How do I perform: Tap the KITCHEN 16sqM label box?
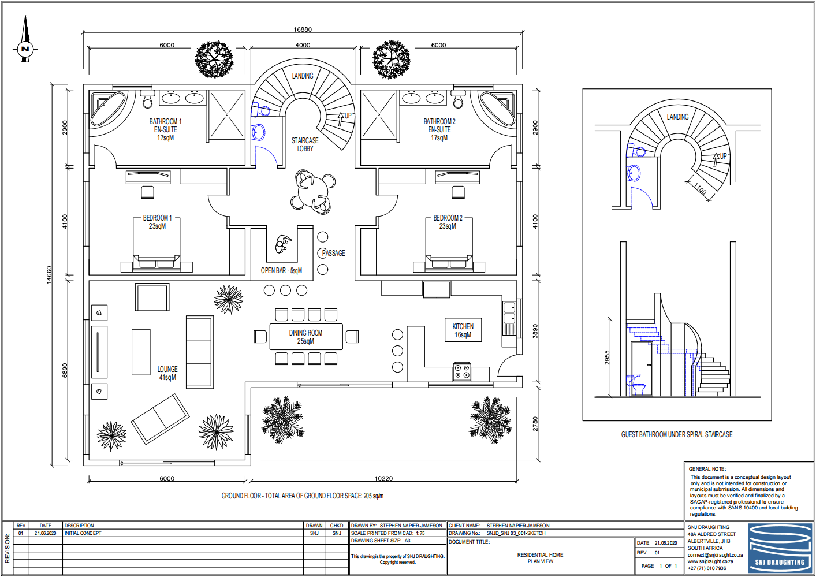tap(463, 330)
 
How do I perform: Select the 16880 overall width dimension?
tap(303, 29)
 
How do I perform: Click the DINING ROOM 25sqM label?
tap(305, 337)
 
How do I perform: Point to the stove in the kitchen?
tap(462, 371)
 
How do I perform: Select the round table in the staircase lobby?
tap(312, 192)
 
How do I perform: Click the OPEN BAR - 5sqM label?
tap(281, 271)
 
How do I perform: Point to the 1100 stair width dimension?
tap(700, 189)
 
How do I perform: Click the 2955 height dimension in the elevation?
tap(607, 358)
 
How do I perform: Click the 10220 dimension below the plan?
tap(383, 478)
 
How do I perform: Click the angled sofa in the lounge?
tap(161, 419)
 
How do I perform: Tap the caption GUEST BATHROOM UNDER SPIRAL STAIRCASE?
tap(677, 434)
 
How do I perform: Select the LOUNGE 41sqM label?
tap(167, 373)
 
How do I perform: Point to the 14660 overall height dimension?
tap(50, 275)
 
